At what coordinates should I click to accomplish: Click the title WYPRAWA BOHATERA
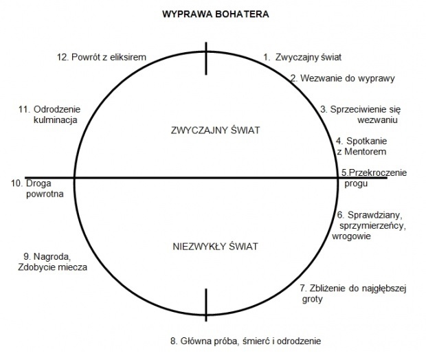pyautogui.click(x=205, y=14)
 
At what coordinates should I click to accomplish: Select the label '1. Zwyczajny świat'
pyautogui.click(x=302, y=58)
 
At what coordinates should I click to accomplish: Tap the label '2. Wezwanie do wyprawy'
pyautogui.click(x=342, y=78)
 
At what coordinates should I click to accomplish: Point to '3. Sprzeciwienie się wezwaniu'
pyautogui.click(x=360, y=114)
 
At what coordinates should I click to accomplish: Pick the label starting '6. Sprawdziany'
pyautogui.click(x=372, y=225)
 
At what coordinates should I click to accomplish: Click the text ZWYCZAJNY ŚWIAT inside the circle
pyautogui.click(x=207, y=130)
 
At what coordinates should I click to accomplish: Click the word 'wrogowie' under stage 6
pyautogui.click(x=351, y=236)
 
